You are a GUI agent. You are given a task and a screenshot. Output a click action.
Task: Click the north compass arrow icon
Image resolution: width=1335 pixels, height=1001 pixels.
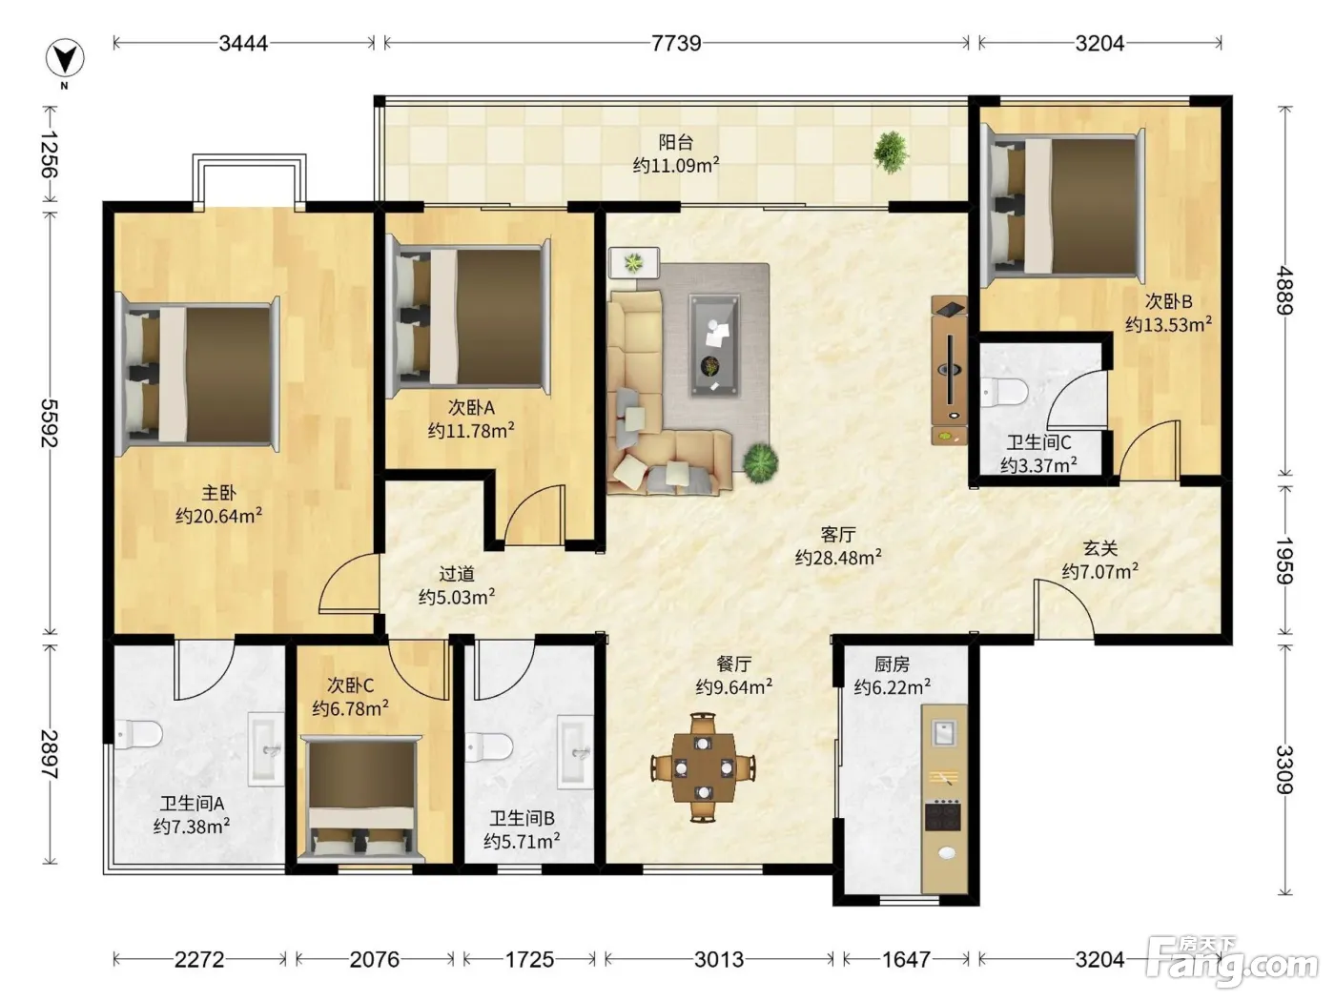(65, 59)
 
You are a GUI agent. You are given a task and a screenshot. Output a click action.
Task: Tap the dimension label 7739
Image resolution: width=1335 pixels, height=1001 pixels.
(676, 43)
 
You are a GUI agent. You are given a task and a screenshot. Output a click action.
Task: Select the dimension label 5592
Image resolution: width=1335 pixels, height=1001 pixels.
(50, 422)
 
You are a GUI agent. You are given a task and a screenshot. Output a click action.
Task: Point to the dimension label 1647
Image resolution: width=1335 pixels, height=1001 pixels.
(906, 960)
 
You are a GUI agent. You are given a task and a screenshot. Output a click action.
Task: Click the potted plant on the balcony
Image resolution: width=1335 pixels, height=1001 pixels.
(891, 152)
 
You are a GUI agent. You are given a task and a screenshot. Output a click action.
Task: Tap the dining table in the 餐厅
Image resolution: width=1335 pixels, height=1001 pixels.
(703, 767)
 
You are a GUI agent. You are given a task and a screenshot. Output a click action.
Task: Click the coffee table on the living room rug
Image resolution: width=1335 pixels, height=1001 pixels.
(714, 345)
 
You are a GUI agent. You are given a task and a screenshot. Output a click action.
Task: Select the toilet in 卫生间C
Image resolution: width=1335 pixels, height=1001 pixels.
(1003, 392)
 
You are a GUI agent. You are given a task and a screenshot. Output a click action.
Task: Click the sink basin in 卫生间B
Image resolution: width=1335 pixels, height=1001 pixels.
(576, 752)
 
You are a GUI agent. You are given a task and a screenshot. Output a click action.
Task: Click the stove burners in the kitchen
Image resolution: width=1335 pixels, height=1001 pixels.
(943, 816)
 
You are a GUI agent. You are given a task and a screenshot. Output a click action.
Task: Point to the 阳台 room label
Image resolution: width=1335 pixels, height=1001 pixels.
(676, 142)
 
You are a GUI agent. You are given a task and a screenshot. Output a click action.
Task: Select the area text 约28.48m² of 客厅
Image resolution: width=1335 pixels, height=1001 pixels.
(838, 557)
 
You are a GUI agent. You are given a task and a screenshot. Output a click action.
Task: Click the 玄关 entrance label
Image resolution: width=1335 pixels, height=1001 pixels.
(1099, 548)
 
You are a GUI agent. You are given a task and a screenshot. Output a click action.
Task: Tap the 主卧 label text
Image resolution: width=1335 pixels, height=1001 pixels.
(218, 492)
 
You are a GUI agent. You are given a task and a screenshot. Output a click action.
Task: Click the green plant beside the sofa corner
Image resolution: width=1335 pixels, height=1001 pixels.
(760, 462)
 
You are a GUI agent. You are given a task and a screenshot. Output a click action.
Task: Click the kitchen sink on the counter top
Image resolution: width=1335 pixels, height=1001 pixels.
(943, 733)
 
